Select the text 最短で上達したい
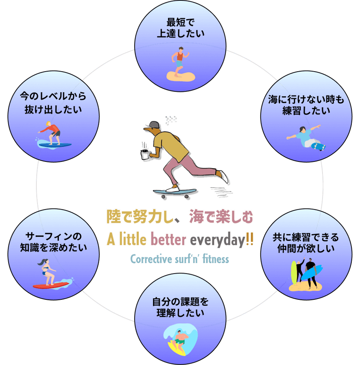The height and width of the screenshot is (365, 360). pyautogui.click(x=180, y=28)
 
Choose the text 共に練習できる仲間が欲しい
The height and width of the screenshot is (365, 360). pyautogui.click(x=306, y=242)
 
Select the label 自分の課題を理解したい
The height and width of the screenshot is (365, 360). pyautogui.click(x=180, y=308)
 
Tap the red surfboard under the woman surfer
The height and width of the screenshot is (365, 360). pyautogui.click(x=50, y=285)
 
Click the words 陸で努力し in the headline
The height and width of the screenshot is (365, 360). pyautogui.click(x=137, y=217)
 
